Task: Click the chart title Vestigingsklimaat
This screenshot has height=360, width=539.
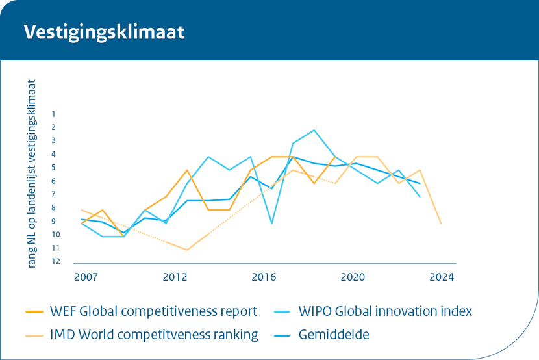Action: [x=104, y=32]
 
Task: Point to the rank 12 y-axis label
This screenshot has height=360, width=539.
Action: [x=56, y=262]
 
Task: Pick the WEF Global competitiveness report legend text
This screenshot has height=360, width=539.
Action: [x=153, y=311]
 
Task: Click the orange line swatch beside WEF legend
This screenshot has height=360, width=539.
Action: [x=34, y=311]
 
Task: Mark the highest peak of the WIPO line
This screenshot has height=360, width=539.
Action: [x=314, y=130]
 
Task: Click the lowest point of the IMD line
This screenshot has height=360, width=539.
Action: [x=187, y=250]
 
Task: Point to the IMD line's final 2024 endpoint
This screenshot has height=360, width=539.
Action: [x=442, y=224]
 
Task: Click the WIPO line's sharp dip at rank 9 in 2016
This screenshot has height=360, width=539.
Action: [x=271, y=224]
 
